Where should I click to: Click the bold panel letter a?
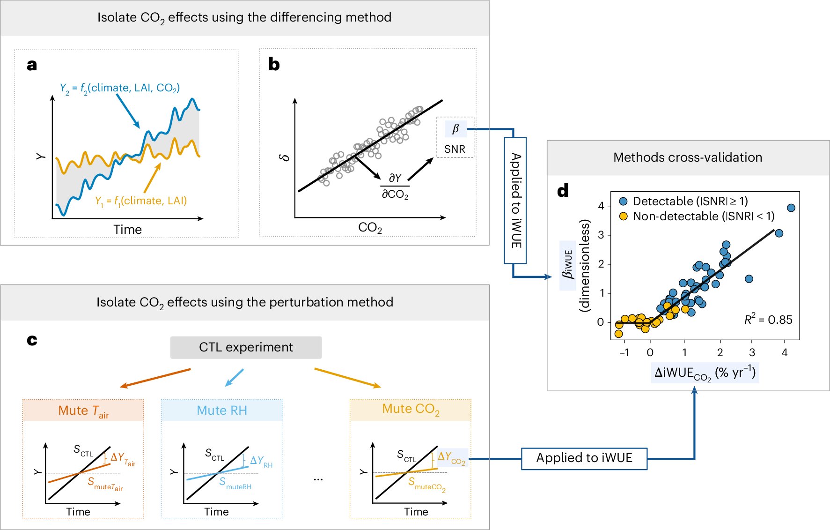pyautogui.click(x=32, y=65)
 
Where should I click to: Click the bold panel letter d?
pyautogui.click(x=563, y=191)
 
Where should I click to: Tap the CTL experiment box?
pyautogui.click(x=246, y=347)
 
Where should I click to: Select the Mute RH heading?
pyautogui.click(x=221, y=410)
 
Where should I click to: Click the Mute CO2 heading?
pyautogui.click(x=411, y=409)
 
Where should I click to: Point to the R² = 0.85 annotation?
pyautogui.click(x=768, y=320)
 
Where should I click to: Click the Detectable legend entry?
pyautogui.click(x=683, y=201)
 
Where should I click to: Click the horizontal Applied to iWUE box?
pyautogui.click(x=584, y=458)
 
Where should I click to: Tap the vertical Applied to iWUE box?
pyautogui.click(x=515, y=200)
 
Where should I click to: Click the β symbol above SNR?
pyautogui.click(x=455, y=128)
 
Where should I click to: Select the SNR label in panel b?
pyautogui.click(x=455, y=149)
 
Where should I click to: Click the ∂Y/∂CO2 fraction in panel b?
pyautogui.click(x=395, y=186)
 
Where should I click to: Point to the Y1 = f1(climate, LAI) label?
pyautogui.click(x=141, y=201)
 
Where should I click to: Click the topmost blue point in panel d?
pyautogui.click(x=791, y=208)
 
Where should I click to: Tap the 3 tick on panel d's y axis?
pyautogui.click(x=601, y=235)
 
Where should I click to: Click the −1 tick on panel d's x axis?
pyautogui.click(x=624, y=352)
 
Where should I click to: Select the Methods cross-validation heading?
pyautogui.click(x=687, y=157)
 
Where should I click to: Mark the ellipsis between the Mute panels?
pyautogui.click(x=318, y=479)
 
